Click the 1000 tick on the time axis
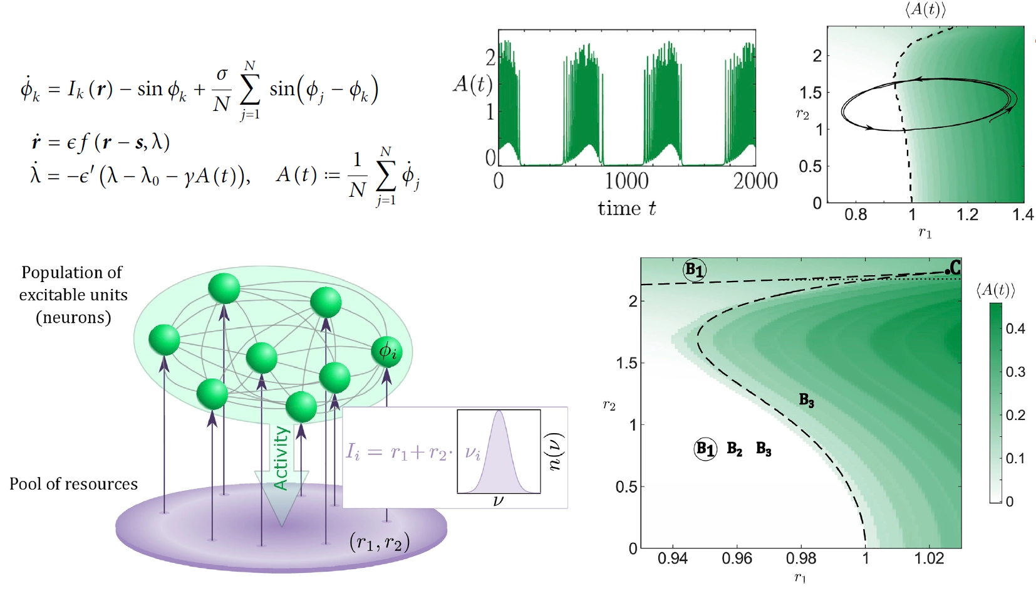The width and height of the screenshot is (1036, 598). click(x=626, y=181)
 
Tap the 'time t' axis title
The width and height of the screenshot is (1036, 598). click(x=626, y=208)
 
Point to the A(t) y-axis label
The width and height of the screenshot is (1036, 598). click(x=472, y=83)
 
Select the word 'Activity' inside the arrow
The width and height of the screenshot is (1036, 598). click(x=281, y=458)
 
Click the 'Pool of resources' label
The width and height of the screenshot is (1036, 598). click(x=73, y=484)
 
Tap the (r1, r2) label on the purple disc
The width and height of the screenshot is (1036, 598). click(x=380, y=542)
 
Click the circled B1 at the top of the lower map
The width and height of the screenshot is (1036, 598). click(x=694, y=270)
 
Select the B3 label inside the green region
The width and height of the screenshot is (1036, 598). click(x=807, y=400)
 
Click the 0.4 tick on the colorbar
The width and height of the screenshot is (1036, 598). click(x=1015, y=328)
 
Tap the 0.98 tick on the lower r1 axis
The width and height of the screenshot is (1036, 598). click(x=801, y=558)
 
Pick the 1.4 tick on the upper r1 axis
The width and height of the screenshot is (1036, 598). click(x=1022, y=215)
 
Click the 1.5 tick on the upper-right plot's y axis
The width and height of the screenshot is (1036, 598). click(x=810, y=93)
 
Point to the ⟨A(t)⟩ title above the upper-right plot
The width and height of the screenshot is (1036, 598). click(x=925, y=9)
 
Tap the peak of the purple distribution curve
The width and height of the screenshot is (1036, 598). click(x=499, y=412)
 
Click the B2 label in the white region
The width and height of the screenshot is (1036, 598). click(x=734, y=449)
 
